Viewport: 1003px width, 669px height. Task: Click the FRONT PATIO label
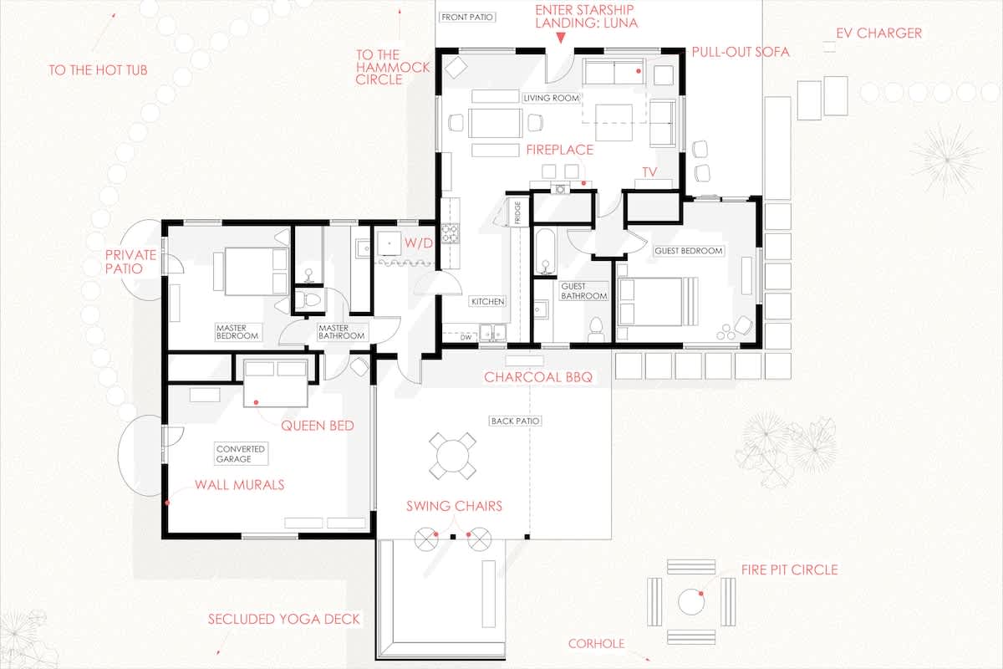467,17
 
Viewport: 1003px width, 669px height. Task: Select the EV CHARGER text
878,33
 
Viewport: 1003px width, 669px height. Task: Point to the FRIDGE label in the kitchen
517,212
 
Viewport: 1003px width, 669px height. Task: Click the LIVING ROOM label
551,98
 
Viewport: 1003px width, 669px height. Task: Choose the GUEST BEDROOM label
688,251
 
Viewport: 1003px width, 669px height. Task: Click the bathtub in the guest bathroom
545,252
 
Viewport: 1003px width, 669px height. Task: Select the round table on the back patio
452,456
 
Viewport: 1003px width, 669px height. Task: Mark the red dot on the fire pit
700,593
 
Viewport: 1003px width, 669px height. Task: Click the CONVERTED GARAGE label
241,454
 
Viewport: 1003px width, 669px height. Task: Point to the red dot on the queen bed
256,402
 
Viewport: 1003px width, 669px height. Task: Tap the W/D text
419,243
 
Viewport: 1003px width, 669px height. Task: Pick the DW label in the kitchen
466,337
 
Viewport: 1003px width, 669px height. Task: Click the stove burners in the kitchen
450,233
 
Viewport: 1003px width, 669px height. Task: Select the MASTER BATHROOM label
341,332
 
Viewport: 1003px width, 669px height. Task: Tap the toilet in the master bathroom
308,299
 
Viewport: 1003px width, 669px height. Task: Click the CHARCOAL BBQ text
538,377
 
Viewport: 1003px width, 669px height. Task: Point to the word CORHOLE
597,644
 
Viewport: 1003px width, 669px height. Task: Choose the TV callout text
649,172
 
